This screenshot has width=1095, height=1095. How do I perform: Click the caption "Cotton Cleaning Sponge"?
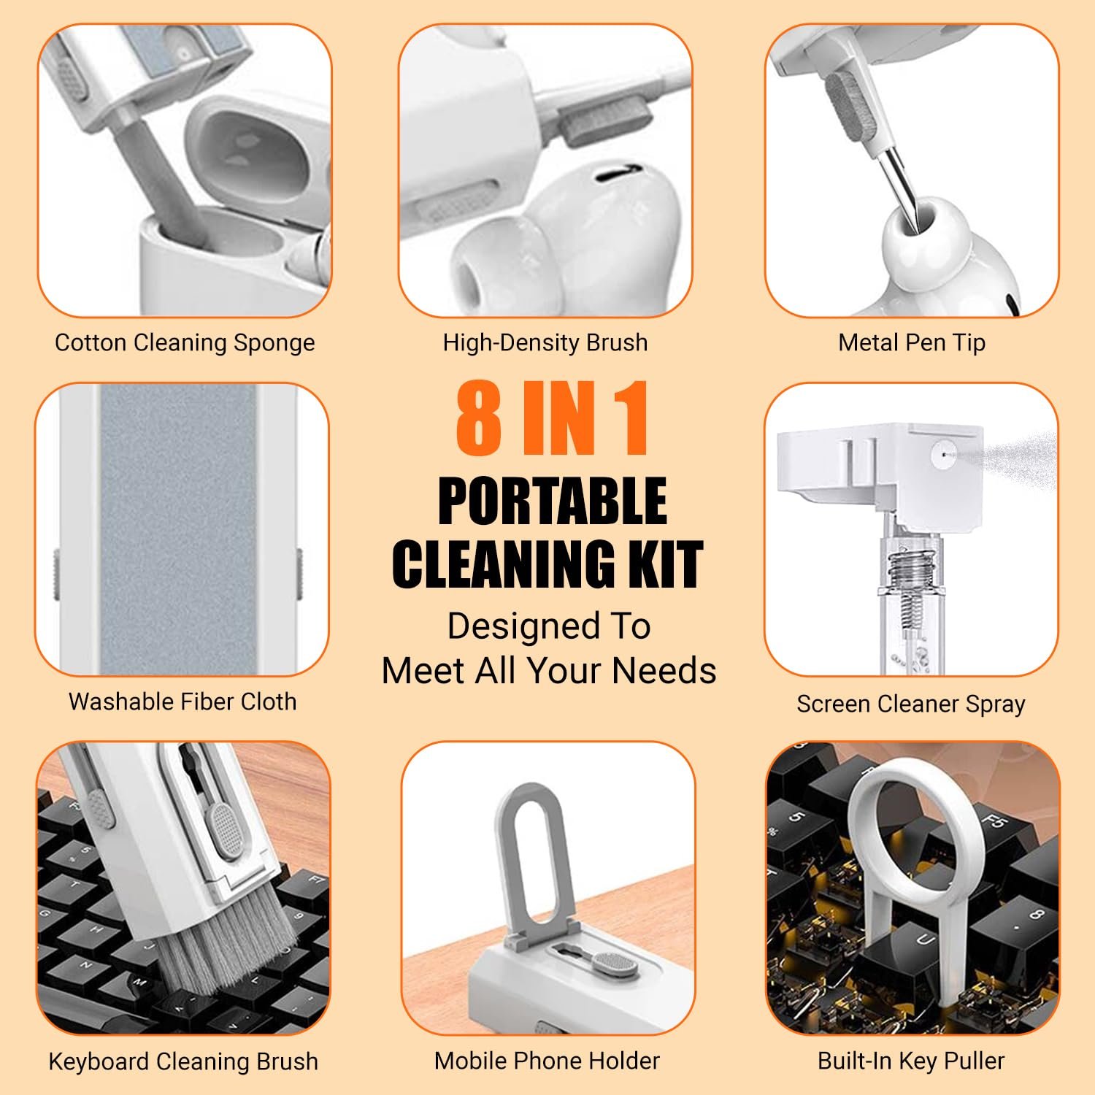(185, 342)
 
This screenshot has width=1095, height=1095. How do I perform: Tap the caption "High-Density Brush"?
(545, 342)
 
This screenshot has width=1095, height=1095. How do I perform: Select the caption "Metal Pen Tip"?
(912, 342)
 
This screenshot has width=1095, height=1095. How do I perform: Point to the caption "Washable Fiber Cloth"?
(182, 702)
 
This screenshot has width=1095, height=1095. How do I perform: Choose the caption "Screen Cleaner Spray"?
(911, 704)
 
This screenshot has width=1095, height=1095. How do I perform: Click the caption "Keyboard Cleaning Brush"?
(183, 1061)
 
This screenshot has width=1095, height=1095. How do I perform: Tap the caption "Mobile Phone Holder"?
(547, 1061)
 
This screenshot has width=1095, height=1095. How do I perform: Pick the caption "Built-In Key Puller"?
(911, 1061)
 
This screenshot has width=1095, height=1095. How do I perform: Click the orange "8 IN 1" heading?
(553, 419)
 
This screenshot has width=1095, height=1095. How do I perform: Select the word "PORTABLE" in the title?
(553, 502)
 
